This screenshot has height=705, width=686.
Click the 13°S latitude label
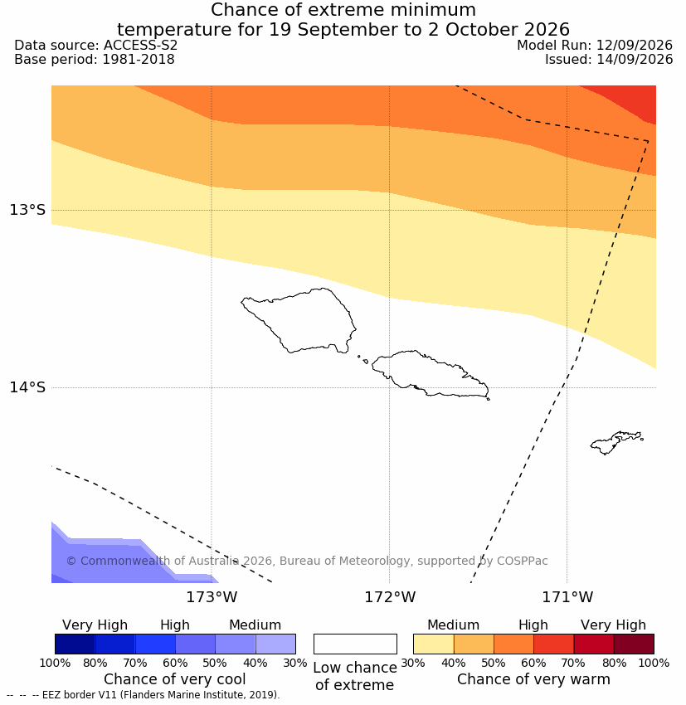pos(27,210)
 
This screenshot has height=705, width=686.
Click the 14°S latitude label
pos(27,387)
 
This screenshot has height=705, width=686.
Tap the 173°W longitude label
pos(212,597)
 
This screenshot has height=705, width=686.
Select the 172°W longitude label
pos(390,597)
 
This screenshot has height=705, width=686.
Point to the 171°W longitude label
pos(567,597)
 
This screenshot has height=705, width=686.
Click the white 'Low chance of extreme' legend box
pos(355,644)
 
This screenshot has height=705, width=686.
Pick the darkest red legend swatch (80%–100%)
pos(634,644)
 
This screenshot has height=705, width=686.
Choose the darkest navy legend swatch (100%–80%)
pos(75,644)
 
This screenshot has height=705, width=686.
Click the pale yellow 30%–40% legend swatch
pos(433,644)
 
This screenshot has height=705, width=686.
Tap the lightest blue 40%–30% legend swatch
pos(275,644)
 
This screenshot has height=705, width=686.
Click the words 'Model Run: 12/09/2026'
pos(595,46)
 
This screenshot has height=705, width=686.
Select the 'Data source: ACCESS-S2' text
pos(95,46)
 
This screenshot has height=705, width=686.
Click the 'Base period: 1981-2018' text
pos(95,60)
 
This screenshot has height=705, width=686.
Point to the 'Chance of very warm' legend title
pos(533,679)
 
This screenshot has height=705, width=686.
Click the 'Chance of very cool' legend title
pos(175,679)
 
